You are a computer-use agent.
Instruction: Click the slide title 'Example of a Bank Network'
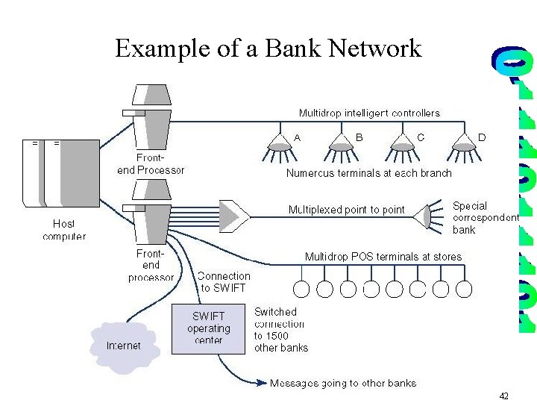click(268, 49)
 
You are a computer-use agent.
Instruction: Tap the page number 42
click(504, 396)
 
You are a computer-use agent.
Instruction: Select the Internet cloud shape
click(124, 346)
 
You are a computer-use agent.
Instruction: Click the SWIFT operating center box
click(208, 328)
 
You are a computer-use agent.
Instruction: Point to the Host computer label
click(64, 230)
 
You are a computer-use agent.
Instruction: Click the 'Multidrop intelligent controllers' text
click(369, 113)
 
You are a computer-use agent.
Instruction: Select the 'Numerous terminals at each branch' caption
click(368, 173)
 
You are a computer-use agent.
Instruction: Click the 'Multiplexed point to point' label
click(346, 210)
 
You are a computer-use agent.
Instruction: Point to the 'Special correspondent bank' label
click(485, 217)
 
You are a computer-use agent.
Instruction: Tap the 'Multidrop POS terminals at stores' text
click(383, 257)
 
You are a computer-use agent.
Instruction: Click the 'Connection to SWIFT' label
click(224, 281)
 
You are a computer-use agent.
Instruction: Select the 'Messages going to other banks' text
click(343, 384)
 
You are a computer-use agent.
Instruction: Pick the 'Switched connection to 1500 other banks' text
click(280, 329)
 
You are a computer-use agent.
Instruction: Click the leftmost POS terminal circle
click(302, 289)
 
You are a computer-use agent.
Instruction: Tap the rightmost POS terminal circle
click(464, 289)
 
